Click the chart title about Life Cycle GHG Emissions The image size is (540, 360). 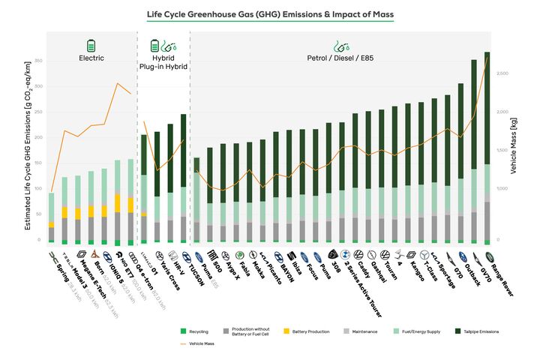coord(269,14)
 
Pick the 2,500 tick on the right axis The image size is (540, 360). coord(502,73)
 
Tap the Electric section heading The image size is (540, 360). coord(91,58)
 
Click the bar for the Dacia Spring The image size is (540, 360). coord(51,218)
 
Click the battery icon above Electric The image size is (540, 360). coord(91,44)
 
